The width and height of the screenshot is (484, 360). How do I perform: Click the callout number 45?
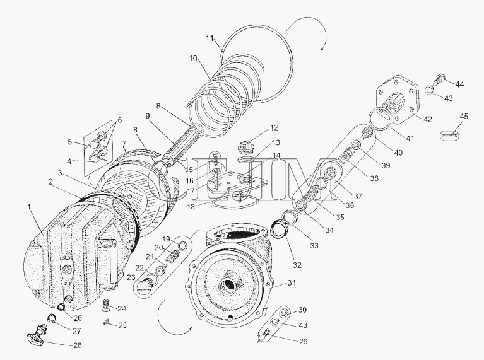[x=464, y=117]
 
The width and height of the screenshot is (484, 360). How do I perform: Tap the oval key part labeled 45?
[x=451, y=134]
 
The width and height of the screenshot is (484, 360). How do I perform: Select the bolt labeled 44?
[x=439, y=79]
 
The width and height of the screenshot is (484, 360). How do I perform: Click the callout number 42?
[x=427, y=119]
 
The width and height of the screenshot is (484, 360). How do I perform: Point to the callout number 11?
[x=210, y=39]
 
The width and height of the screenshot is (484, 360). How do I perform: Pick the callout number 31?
[x=292, y=282]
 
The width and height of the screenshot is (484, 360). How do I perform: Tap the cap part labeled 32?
[x=279, y=230]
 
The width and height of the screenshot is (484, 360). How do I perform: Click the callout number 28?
[x=77, y=345]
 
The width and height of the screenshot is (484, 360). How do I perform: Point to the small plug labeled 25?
[x=106, y=322]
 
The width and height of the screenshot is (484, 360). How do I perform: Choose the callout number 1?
[x=30, y=207]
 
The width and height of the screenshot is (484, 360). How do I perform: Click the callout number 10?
[x=193, y=58]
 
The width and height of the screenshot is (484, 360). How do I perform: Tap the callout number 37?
[x=358, y=196]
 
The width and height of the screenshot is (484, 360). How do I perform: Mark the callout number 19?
[x=166, y=239]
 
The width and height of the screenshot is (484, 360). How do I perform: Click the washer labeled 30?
[x=285, y=314]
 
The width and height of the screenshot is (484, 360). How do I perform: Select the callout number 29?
[x=304, y=342]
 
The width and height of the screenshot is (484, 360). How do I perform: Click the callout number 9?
[x=148, y=116]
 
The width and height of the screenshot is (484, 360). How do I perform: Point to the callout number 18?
[x=191, y=206]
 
